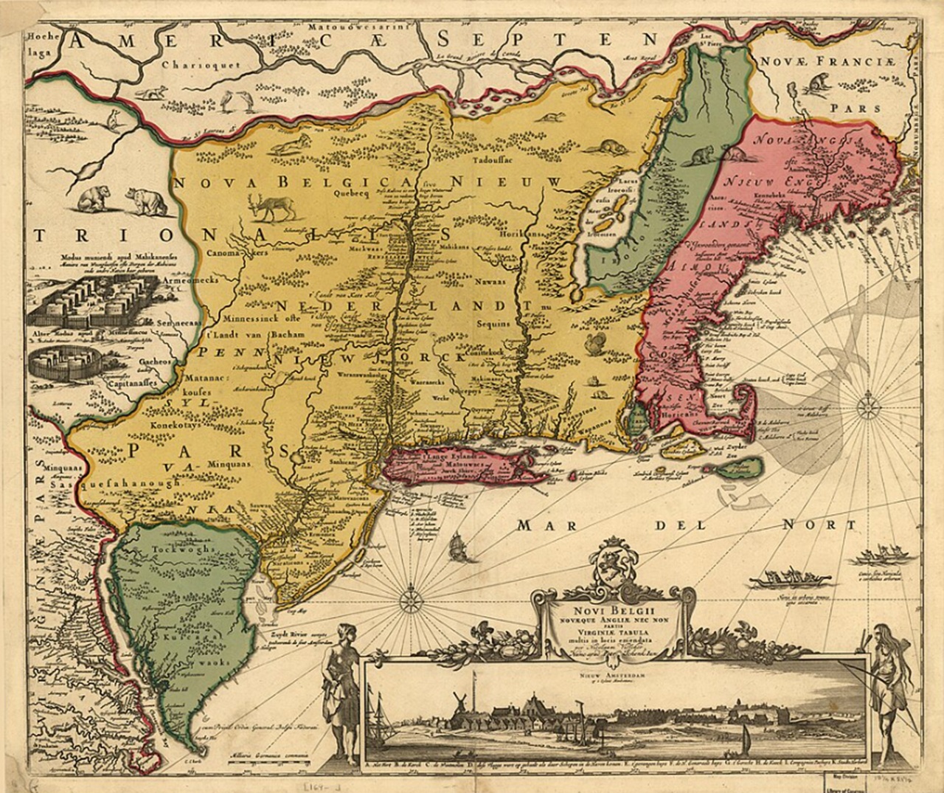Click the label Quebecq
click(x=350, y=195)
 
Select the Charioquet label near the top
click(x=192, y=64)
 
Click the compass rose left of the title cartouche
click(x=410, y=598)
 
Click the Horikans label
click(x=524, y=232)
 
